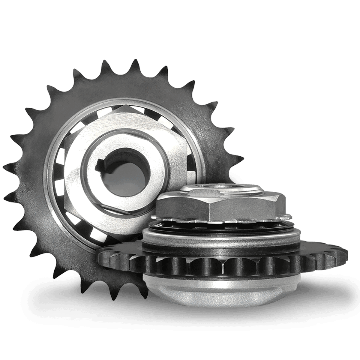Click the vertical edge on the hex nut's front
(x=208, y=210)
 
